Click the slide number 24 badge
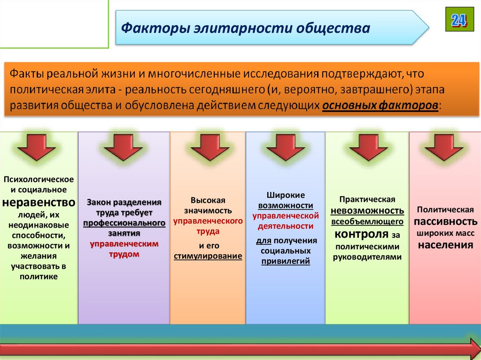click(459, 20)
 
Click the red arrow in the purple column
click(124, 147)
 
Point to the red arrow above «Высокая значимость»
click(207, 147)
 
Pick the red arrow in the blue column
click(285, 147)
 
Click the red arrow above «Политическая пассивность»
click(444, 147)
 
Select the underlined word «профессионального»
click(124, 222)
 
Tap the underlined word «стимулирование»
click(208, 256)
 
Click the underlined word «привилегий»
click(286, 261)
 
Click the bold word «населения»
click(445, 245)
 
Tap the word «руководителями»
click(367, 257)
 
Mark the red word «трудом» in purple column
click(124, 254)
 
